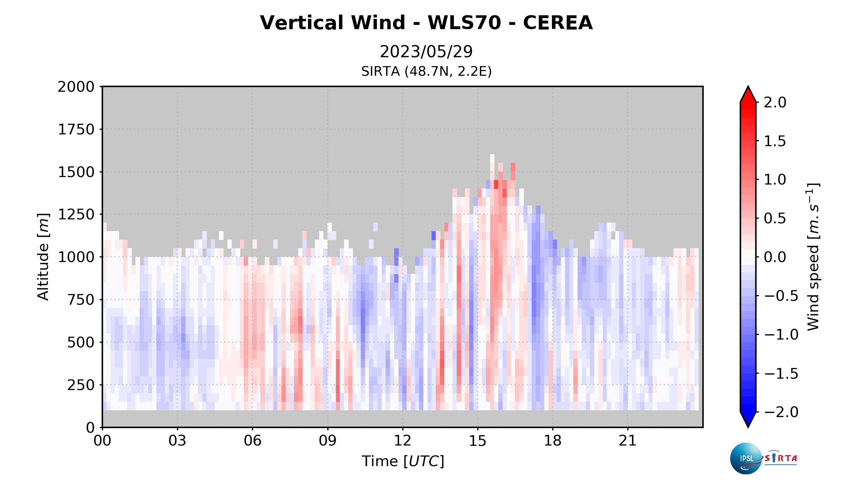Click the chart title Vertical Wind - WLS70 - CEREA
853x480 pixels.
click(426, 23)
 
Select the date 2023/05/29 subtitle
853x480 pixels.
click(426, 52)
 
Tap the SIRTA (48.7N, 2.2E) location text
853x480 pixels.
click(426, 71)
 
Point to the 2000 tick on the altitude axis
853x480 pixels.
click(76, 87)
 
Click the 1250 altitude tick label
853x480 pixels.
click(76, 215)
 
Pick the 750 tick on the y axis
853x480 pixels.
click(81, 300)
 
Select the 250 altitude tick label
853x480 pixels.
click(81, 385)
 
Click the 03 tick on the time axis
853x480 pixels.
click(177, 441)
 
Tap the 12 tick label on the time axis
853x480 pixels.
click(402, 441)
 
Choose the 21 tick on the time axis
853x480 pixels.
click(628, 441)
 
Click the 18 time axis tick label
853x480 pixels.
click(553, 441)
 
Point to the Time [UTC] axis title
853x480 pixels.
click(403, 461)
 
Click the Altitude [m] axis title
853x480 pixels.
click(43, 257)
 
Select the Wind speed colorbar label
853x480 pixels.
click(813, 257)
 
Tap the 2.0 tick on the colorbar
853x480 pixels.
click(775, 102)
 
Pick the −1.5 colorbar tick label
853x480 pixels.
click(781, 373)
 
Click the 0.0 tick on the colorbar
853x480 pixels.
click(775, 257)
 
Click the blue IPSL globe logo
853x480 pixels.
click(746, 458)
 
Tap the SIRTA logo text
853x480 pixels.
click(780, 458)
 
